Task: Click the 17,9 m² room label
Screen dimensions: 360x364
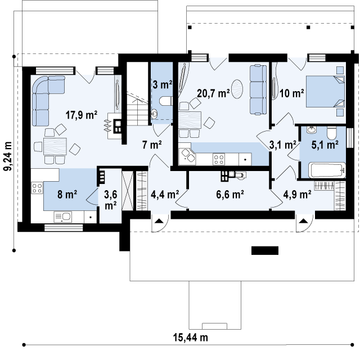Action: pos(81,115)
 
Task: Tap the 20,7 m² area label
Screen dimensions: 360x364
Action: pos(213,93)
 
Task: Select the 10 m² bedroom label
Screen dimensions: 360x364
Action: pos(291,93)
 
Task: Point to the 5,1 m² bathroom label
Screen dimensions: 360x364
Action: pos(325,145)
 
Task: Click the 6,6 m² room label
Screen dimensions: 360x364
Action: pos(230,194)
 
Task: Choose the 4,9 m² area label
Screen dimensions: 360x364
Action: pos(297,194)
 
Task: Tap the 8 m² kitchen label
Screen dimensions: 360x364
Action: pos(67,194)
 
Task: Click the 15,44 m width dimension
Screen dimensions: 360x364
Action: pos(190,338)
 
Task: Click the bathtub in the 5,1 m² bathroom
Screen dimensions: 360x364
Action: pos(327,170)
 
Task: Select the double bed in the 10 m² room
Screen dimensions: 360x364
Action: pos(325,91)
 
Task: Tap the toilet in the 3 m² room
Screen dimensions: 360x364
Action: pos(165,101)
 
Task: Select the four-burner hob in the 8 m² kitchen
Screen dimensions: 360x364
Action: pos(37,188)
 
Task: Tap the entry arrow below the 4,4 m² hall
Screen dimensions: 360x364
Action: pos(159,221)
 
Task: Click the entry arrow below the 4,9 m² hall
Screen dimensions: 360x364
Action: pos(303,221)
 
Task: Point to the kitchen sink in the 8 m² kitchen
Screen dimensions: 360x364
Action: pos(63,217)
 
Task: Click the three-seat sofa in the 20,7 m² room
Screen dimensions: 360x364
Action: pos(258,90)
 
